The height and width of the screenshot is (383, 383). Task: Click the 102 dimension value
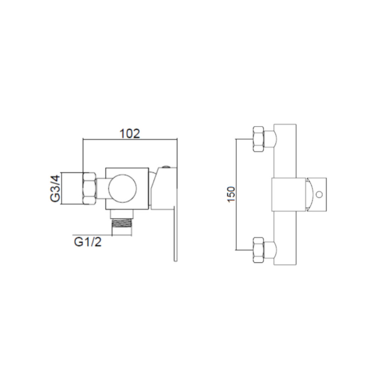(130, 134)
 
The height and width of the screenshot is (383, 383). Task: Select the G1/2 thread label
(88, 242)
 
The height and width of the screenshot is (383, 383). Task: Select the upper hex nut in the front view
(259, 139)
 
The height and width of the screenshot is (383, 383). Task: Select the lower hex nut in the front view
(259, 250)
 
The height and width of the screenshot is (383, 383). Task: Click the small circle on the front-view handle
(319, 194)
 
